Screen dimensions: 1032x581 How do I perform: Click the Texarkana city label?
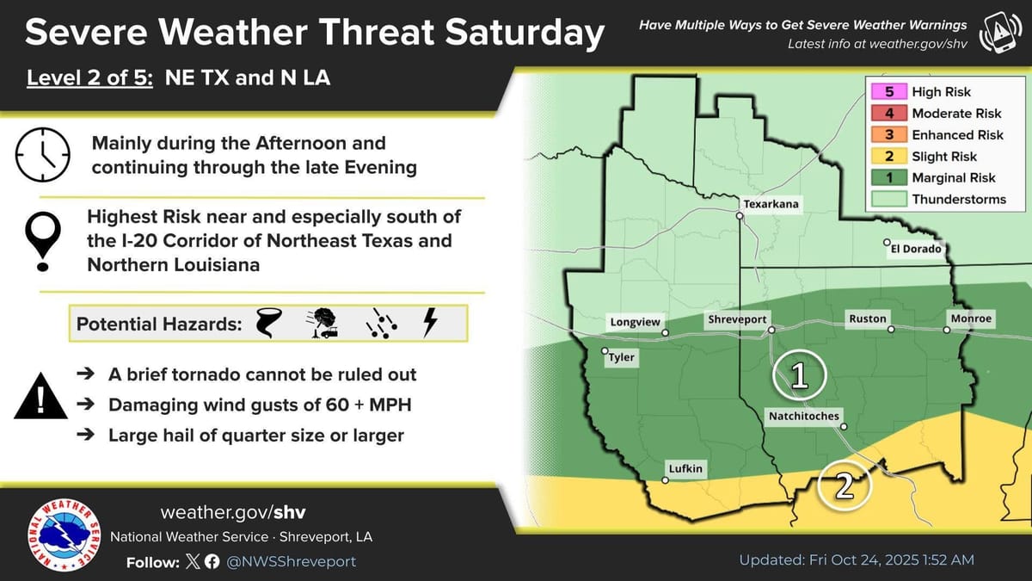[770, 204]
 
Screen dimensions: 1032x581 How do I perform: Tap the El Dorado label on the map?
[917, 249]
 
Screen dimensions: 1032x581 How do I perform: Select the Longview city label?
[636, 323]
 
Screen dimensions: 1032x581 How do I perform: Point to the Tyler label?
[621, 357]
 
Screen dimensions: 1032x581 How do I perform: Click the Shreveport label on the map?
[736, 319]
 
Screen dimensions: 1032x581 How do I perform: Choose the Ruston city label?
[867, 319]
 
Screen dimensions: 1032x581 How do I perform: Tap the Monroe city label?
[971, 318]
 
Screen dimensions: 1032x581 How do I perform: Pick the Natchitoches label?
[802, 417]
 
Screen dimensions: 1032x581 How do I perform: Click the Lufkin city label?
[685, 469]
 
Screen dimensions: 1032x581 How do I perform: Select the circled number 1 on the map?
[799, 375]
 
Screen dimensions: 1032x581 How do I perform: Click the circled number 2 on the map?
[845, 486]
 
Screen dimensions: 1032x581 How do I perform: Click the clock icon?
[42, 154]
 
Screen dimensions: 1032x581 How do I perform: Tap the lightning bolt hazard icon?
[430, 323]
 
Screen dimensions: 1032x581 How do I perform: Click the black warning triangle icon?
[40, 399]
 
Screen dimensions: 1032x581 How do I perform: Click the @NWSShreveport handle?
[291, 561]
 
